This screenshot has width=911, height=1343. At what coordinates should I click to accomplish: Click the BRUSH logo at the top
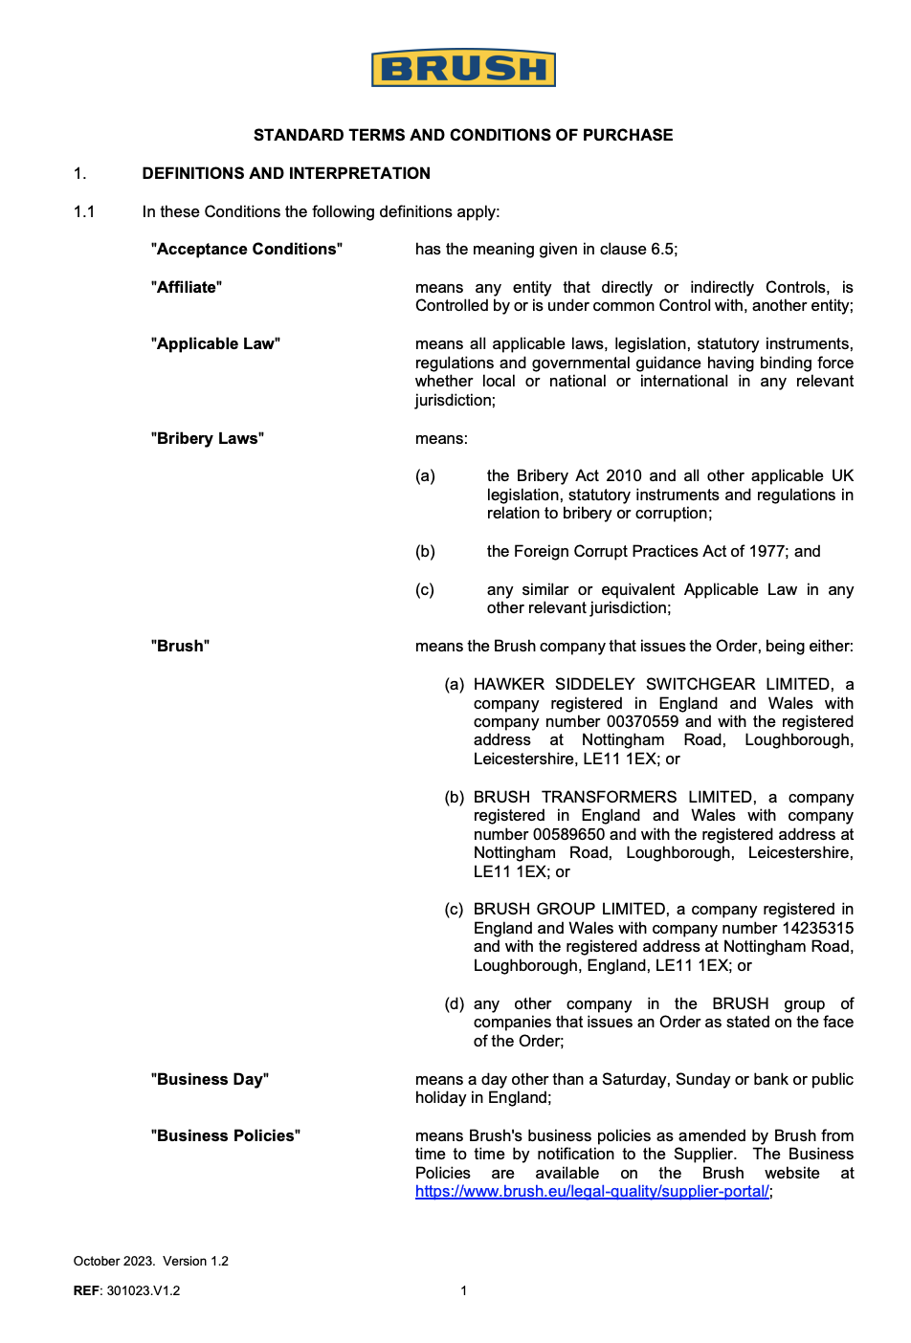[x=463, y=69]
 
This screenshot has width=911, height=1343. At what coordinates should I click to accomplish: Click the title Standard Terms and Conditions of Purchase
[x=463, y=135]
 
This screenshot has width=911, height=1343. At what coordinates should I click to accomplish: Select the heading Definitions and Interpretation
[x=286, y=173]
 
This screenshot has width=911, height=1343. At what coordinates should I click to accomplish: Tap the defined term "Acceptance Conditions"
[x=247, y=249]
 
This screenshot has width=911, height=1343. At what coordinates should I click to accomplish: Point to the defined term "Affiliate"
[x=187, y=287]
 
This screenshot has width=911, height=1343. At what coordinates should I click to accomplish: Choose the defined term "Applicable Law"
[x=215, y=343]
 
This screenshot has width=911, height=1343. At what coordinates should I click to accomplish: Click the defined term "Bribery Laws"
[x=208, y=438]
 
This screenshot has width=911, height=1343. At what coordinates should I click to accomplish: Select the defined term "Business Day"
[x=210, y=1079]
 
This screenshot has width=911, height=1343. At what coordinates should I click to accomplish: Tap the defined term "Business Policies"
[x=226, y=1135]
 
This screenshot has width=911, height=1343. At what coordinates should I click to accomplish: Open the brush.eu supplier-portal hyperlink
[x=592, y=1192]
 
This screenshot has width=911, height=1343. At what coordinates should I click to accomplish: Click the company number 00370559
[x=642, y=721]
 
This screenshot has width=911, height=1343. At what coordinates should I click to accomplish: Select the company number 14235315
[x=815, y=928]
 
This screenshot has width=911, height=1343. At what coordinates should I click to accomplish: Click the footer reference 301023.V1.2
[x=144, y=1290]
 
